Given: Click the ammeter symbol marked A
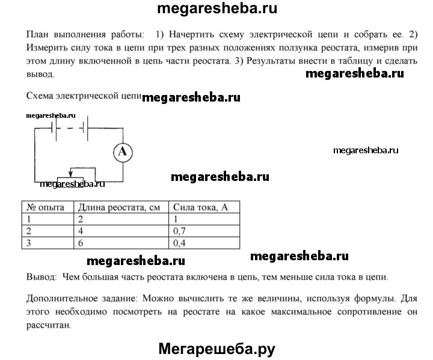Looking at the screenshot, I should point(122,153).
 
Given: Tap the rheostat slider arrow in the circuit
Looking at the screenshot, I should point(72,172).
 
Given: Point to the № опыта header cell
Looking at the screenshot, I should point(46,207).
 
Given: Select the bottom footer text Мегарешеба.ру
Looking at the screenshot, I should point(217,348).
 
